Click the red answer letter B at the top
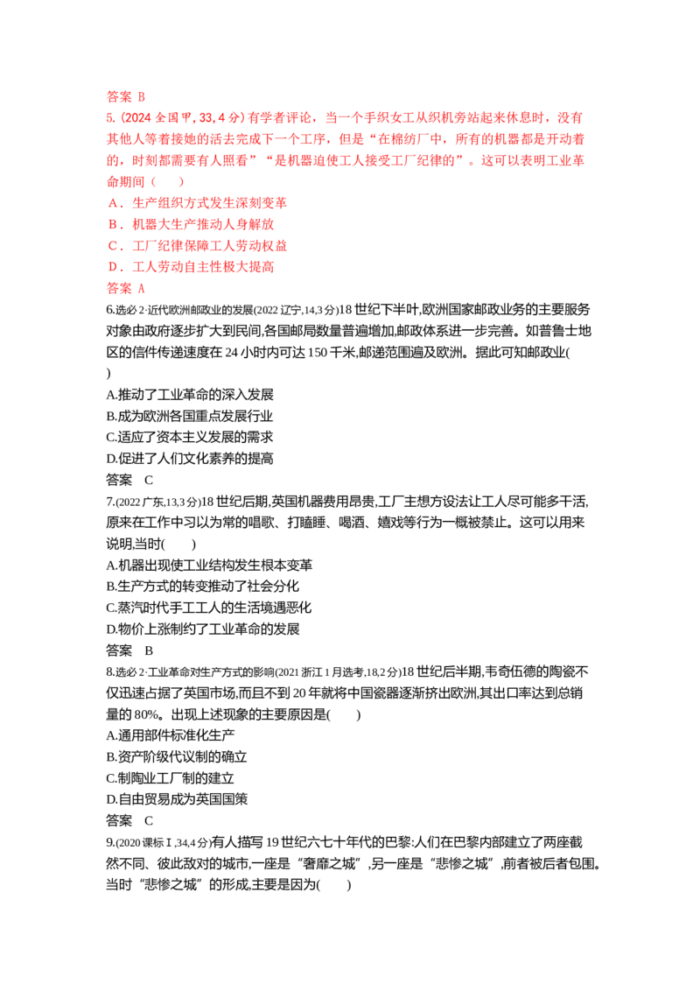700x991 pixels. pos(142,96)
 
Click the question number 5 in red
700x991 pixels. pos(110,117)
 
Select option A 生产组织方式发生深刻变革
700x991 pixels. pos(198,203)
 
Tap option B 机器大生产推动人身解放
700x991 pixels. pos(192,224)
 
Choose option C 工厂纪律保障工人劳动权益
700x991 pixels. pos(198,246)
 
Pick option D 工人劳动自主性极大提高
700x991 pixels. pos(192,267)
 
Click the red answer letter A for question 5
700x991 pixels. pos(142,288)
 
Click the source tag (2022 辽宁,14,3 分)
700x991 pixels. pos(295,310)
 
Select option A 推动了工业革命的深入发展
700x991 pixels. pos(190,394)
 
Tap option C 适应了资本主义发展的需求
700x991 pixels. pos(190,437)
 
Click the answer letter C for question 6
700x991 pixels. pos(149,480)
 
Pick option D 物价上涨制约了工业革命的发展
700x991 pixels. pos(203,629)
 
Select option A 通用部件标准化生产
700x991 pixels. pos(171,735)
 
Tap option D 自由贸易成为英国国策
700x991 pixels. pos(177,799)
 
